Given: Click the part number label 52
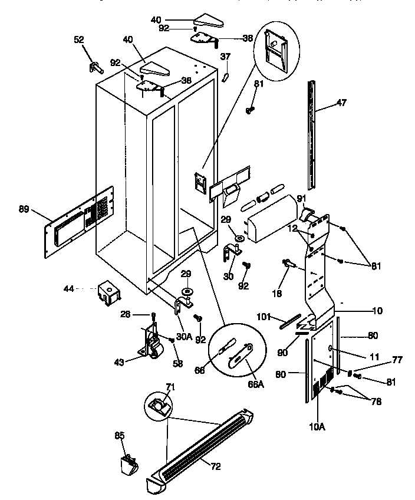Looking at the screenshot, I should point(79,40).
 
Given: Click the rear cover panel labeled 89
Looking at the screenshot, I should point(77,222).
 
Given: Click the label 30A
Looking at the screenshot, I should point(183,337).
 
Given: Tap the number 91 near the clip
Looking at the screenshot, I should point(301,198).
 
